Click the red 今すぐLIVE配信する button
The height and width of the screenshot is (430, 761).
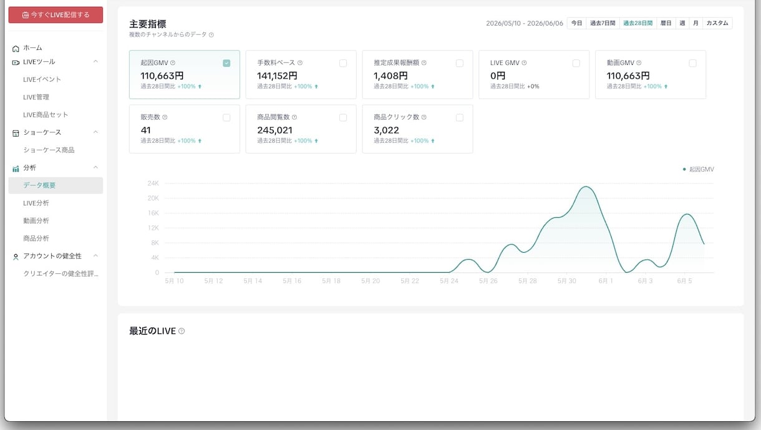(56, 15)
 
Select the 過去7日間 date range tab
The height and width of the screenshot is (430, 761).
(603, 23)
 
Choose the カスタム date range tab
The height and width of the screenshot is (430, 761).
(717, 23)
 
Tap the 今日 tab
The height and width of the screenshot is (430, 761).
(576, 23)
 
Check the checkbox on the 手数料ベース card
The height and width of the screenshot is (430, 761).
(343, 63)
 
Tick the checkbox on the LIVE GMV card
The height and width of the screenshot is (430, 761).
(576, 63)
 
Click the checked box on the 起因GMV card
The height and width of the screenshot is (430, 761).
(226, 63)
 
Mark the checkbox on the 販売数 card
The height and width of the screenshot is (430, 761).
(226, 117)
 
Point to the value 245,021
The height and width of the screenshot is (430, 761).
(274, 130)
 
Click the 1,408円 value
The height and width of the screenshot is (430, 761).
(390, 76)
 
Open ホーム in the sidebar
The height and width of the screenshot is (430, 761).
(32, 48)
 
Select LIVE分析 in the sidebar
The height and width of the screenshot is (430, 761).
(36, 203)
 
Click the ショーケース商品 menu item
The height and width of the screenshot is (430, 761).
(49, 150)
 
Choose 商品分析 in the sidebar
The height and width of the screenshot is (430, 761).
(36, 238)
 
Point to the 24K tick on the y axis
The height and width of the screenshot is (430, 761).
(153, 183)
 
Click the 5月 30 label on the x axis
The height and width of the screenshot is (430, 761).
(566, 281)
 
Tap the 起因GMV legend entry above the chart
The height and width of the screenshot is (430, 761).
(699, 169)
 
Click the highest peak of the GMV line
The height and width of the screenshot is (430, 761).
(586, 187)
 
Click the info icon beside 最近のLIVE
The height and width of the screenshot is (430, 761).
(182, 331)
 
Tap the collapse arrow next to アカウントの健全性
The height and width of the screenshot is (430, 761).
(96, 256)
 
